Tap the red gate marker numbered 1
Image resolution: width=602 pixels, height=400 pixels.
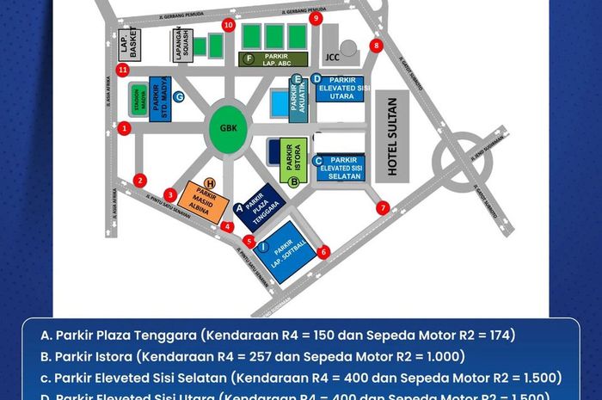125,129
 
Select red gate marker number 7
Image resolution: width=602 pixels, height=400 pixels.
384,207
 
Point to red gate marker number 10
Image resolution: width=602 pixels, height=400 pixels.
228,25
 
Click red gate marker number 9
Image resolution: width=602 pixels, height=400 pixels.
316,18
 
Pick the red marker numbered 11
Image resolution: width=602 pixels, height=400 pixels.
123,70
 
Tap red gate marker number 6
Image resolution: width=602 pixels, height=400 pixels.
323,252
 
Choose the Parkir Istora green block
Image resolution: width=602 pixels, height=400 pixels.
293,159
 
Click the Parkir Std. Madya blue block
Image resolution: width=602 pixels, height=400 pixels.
160,99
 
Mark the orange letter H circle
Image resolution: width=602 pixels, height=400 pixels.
210,182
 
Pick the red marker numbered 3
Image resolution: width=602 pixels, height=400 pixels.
171,195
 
